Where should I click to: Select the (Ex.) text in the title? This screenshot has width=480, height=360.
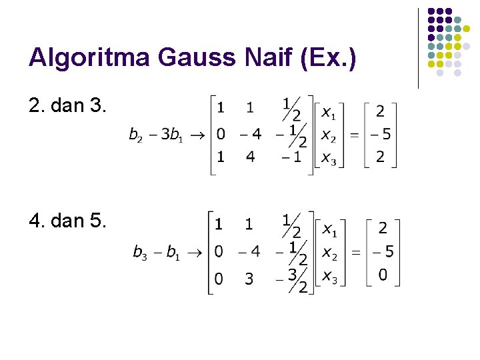coord(329,59)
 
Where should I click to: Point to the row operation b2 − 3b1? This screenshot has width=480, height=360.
coord(161,135)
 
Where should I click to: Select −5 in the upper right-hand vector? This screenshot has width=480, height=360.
coord(379,135)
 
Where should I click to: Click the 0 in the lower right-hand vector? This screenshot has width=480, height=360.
coord(383,275)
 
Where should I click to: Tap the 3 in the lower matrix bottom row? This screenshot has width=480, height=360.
coord(249,279)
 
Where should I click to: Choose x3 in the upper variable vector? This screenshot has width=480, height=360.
coord(328,157)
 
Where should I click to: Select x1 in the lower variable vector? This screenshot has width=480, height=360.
coord(329,229)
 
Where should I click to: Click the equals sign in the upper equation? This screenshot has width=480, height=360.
coord(354,135)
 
